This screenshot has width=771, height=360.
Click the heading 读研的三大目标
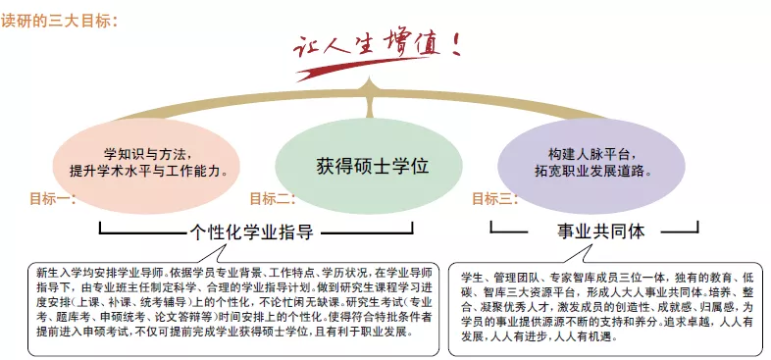point(59,22)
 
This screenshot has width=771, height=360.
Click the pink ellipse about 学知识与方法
point(146,166)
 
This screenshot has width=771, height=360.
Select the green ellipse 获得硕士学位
point(369,166)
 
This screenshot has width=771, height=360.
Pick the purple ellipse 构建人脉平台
point(591,166)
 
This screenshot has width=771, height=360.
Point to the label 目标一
point(52,199)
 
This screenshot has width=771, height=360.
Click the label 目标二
point(272,199)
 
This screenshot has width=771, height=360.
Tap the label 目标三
point(494,199)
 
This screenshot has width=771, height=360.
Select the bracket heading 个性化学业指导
point(252,231)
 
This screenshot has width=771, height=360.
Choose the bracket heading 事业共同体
point(601,231)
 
